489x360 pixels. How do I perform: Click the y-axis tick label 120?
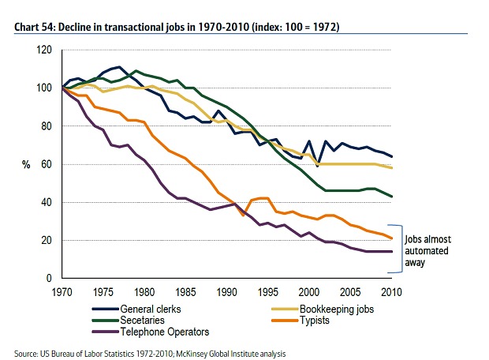click(43, 50)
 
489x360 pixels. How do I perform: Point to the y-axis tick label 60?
click(46, 164)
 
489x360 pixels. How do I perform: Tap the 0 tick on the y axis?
click(49, 279)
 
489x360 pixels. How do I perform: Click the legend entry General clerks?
click(149, 309)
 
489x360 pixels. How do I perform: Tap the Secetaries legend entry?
click(141, 321)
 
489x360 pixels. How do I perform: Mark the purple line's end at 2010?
click(392, 252)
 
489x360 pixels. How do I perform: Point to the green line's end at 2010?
click(392, 197)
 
